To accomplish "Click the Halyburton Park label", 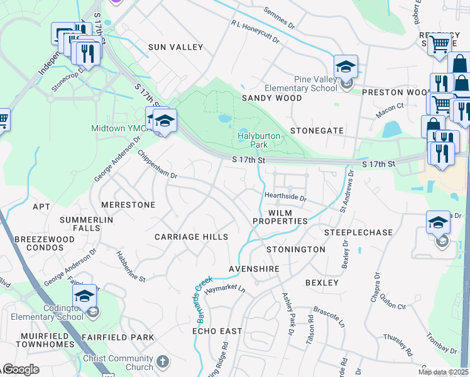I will click(x=253, y=140).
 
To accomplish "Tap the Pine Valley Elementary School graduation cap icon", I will click(x=346, y=66).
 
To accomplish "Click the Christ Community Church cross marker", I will click(x=163, y=361).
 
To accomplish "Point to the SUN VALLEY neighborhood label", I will click(x=175, y=47).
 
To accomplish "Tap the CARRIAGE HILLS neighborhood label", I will click(x=191, y=236).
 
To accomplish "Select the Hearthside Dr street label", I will click(x=285, y=197).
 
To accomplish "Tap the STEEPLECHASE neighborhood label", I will click(x=358, y=232).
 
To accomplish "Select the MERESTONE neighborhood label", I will click(x=128, y=205).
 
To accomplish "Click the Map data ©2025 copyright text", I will click(x=443, y=372).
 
